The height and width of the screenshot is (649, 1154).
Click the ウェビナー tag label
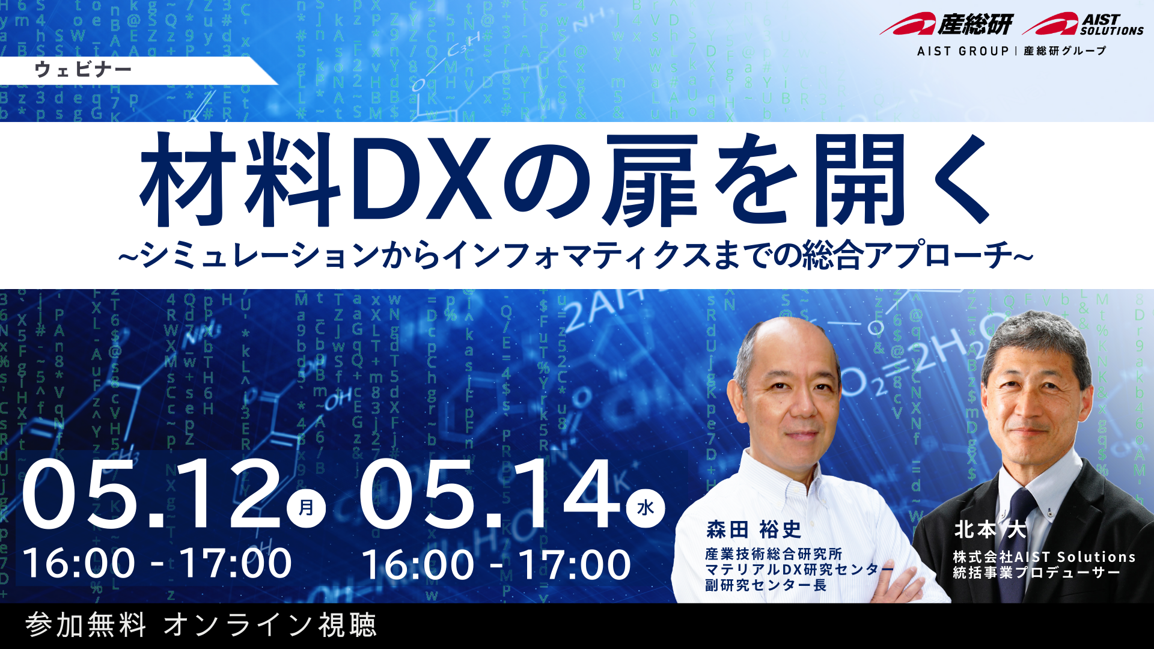83,70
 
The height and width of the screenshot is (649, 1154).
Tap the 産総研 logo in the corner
946,24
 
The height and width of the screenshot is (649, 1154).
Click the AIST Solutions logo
1082,24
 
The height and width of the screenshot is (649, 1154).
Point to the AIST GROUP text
962,51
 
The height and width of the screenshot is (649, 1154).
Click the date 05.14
490,495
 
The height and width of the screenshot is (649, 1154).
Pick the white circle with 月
306,508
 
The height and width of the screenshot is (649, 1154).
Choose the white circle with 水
646,508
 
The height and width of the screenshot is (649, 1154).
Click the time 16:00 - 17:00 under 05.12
157,563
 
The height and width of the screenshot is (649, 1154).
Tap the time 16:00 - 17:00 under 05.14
496,565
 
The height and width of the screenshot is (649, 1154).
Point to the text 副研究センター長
766,585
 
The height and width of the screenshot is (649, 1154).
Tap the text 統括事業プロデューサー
1037,573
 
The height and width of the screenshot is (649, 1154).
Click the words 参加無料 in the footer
86,625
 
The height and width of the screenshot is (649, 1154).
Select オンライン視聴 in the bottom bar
270,625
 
